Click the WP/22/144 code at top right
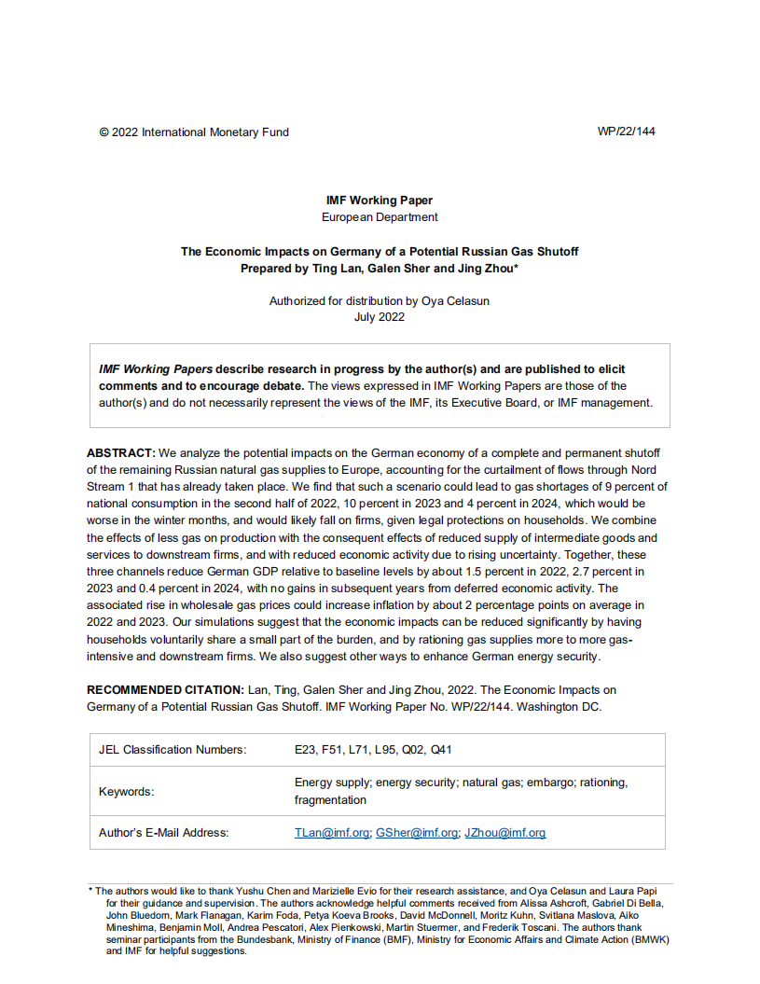pyautogui.click(x=626, y=132)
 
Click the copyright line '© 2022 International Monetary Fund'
pyautogui.click(x=194, y=132)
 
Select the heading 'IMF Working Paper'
pyautogui.click(x=380, y=201)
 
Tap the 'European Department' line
pyautogui.click(x=380, y=217)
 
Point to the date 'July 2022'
pyautogui.click(x=380, y=317)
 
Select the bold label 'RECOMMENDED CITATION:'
pyautogui.click(x=165, y=689)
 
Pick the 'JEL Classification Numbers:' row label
pyautogui.click(x=173, y=750)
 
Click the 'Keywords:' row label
pyautogui.click(x=127, y=792)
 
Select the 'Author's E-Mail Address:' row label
pyautogui.click(x=163, y=833)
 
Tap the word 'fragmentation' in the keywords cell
pyautogui.click(x=330, y=800)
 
